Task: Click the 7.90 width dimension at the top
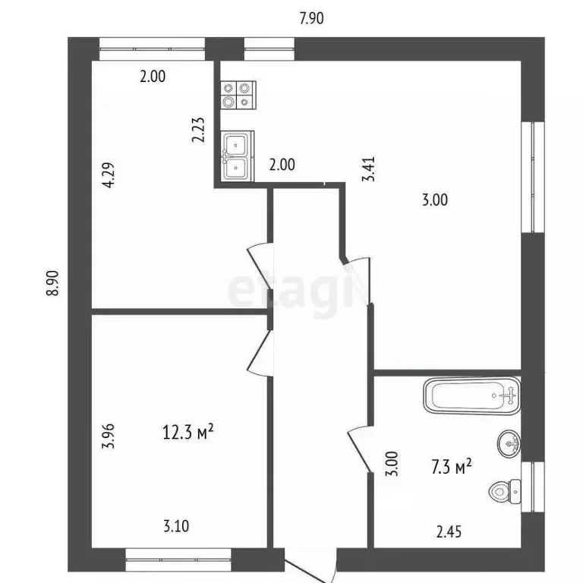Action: pyautogui.click(x=311, y=19)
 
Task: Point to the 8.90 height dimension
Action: pyautogui.click(x=52, y=283)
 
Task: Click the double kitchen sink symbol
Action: pyautogui.click(x=237, y=156)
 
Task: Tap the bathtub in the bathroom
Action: pyautogui.click(x=471, y=396)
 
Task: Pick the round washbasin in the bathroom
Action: pyautogui.click(x=509, y=441)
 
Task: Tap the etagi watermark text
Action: pyautogui.click(x=292, y=288)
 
